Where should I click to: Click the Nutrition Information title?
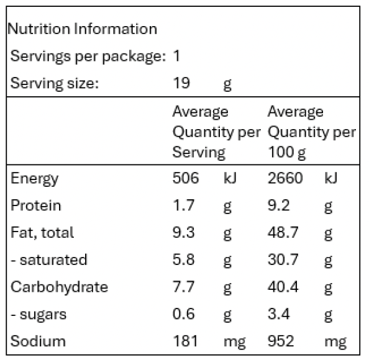(82, 29)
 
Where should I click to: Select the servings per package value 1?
(176, 56)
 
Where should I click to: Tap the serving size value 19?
(181, 83)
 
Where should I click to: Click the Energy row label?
(34, 179)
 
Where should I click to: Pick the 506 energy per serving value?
(186, 178)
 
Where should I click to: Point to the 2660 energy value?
(285, 178)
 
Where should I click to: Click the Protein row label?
(36, 205)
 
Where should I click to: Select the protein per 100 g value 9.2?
(279, 205)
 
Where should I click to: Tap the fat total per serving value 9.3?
(183, 232)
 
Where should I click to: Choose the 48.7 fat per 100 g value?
(283, 232)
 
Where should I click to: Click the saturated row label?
(49, 259)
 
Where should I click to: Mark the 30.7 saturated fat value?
(283, 259)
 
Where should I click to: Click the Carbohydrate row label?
(59, 287)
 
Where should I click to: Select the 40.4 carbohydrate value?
(283, 287)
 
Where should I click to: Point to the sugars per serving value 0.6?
(183, 314)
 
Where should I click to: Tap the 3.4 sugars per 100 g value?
(279, 314)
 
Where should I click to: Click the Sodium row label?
(38, 341)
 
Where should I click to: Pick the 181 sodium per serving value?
(185, 341)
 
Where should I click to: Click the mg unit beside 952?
(335, 342)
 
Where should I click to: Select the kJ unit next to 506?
(230, 178)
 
